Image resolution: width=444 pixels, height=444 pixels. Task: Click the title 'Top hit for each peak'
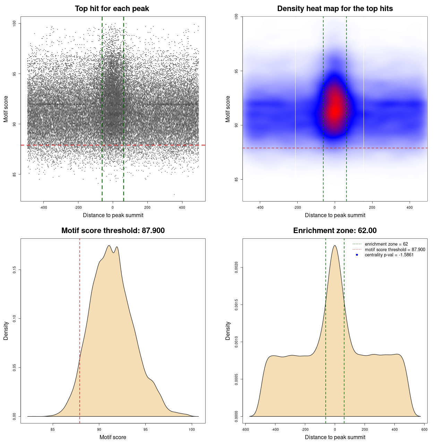click(112, 9)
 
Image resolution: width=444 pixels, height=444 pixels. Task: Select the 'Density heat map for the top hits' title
click(335, 9)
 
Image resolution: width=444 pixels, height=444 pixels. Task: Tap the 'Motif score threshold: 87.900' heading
click(113, 231)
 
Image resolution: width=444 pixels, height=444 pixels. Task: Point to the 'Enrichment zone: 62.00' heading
click(335, 231)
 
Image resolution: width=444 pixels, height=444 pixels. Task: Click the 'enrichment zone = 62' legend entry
click(386, 244)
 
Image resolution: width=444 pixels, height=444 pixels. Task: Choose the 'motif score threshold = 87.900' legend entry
click(395, 250)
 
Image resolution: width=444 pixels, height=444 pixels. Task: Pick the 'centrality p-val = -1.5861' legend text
click(389, 255)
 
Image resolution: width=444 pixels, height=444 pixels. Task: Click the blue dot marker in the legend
click(357, 255)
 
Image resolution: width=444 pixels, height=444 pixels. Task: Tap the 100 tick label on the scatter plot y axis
click(15, 23)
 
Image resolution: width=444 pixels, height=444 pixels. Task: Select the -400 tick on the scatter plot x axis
click(43, 207)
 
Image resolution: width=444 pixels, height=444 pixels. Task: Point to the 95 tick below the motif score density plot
click(145, 429)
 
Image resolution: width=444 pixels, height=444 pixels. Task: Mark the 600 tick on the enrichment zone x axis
click(424, 429)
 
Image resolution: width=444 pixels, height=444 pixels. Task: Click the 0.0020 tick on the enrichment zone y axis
click(237, 267)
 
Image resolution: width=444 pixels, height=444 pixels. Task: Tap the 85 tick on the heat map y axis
click(237, 179)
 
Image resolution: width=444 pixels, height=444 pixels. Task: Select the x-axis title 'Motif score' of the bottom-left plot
click(113, 437)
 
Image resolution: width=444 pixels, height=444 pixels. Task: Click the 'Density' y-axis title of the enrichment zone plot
click(228, 331)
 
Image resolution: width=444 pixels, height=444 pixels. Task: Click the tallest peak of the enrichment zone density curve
click(335, 246)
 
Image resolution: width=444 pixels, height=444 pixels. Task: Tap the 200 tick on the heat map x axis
click(372, 207)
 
